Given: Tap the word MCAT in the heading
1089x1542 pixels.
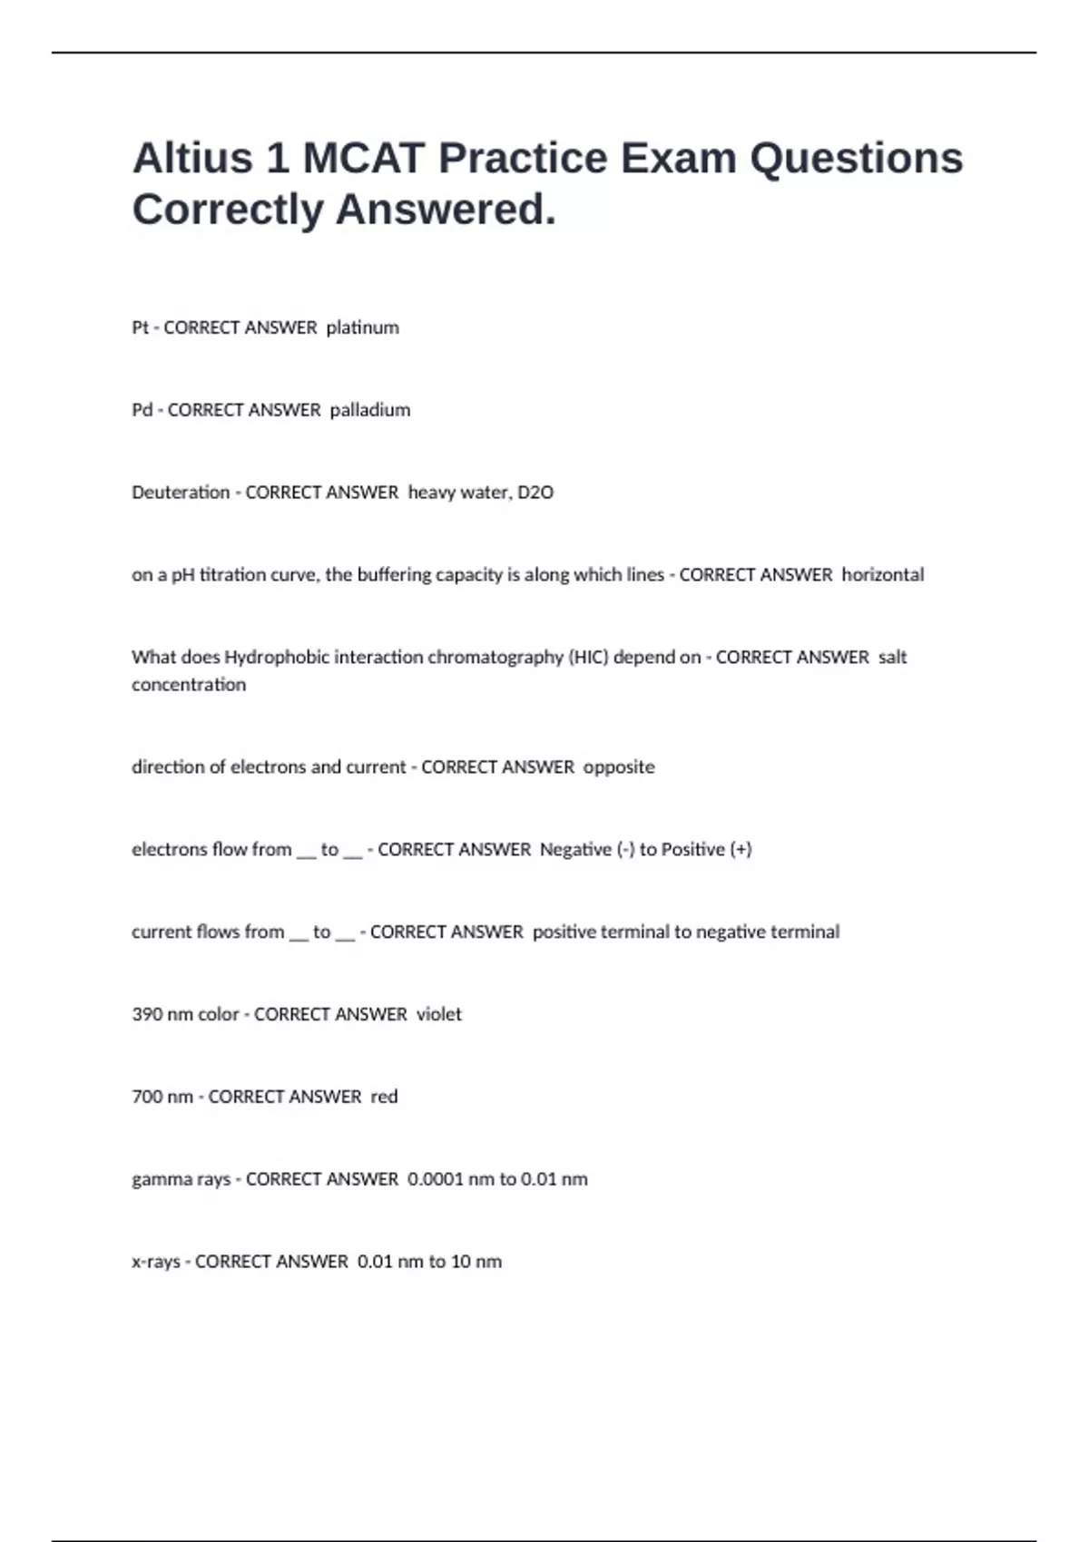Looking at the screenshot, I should [x=363, y=158].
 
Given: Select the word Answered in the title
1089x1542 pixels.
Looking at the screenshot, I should [x=446, y=210].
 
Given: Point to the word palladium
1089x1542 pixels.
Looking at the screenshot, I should [x=369, y=410].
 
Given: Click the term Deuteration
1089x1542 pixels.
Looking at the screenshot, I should [x=181, y=493].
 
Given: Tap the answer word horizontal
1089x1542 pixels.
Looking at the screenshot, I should [x=882, y=575].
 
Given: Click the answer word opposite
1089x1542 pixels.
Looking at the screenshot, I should [x=618, y=767].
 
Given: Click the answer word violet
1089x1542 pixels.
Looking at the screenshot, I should [x=438, y=1014].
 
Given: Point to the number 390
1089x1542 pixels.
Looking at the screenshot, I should [x=147, y=1014].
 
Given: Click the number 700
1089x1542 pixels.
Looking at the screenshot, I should [x=147, y=1097].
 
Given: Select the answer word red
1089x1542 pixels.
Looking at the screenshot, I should [x=384, y=1097].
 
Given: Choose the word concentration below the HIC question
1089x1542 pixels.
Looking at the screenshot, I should [x=189, y=685].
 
